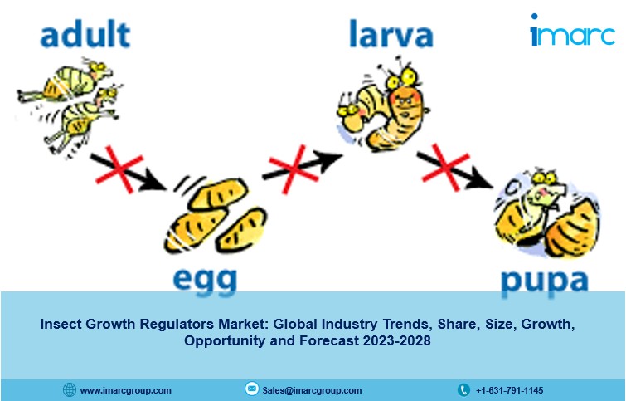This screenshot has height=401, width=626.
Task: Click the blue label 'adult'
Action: pyautogui.click(x=85, y=35)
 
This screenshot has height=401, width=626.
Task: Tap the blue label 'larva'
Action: pyautogui.click(x=391, y=34)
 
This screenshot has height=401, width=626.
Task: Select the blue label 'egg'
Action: pyautogui.click(x=205, y=281)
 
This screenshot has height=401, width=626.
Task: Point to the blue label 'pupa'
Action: pyautogui.click(x=545, y=282)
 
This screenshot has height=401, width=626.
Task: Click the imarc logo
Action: pyautogui.click(x=572, y=32)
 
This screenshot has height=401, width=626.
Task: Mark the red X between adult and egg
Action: pyautogui.click(x=119, y=169)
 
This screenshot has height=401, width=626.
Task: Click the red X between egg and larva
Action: pyautogui.click(x=294, y=169)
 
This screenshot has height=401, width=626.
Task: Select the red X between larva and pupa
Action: pyautogui.click(x=445, y=167)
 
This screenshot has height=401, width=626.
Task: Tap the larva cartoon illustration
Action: pyautogui.click(x=383, y=106)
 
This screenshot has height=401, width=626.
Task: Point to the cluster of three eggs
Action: pyautogui.click(x=216, y=215)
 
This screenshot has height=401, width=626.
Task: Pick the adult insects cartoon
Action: pyautogui.click(x=70, y=107)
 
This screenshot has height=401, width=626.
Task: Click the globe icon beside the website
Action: pyautogui.click(x=70, y=389)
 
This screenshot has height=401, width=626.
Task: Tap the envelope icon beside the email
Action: pyautogui.click(x=251, y=389)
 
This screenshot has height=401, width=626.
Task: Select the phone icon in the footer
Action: pyautogui.click(x=463, y=389)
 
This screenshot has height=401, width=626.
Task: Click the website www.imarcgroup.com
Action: pyautogui.click(x=125, y=390)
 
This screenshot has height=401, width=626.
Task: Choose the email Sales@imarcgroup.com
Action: pyautogui.click(x=312, y=390)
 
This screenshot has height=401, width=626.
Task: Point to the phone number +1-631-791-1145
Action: pyautogui.click(x=509, y=390)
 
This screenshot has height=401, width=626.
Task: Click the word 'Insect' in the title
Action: pyautogui.click(x=61, y=324)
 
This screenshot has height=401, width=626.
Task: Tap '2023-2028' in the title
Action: pyautogui.click(x=397, y=340)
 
